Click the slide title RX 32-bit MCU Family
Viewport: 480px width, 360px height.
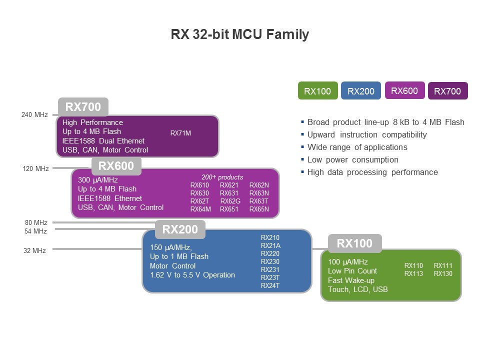239,34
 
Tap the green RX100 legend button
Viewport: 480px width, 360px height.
318,90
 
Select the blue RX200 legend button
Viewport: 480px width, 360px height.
361,90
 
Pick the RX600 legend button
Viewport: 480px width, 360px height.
404,90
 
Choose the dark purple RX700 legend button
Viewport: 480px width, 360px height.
448,90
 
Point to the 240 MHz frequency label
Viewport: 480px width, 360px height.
34,115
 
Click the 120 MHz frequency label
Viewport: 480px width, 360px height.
35,168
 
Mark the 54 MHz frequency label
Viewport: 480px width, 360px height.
35,231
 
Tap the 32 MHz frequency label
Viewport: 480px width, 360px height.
34,250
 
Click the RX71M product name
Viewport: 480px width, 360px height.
180,133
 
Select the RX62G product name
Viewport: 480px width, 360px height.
230,201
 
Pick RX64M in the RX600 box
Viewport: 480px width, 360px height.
200,209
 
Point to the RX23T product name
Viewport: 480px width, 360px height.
270,277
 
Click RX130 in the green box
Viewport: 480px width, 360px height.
443,273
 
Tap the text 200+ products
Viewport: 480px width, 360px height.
222,177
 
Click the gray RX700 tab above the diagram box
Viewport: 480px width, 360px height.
83,107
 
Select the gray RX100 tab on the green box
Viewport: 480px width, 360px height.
355,243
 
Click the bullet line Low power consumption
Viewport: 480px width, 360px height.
353,160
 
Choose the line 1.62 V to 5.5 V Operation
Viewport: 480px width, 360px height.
192,275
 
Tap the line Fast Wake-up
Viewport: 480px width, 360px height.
351,280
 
